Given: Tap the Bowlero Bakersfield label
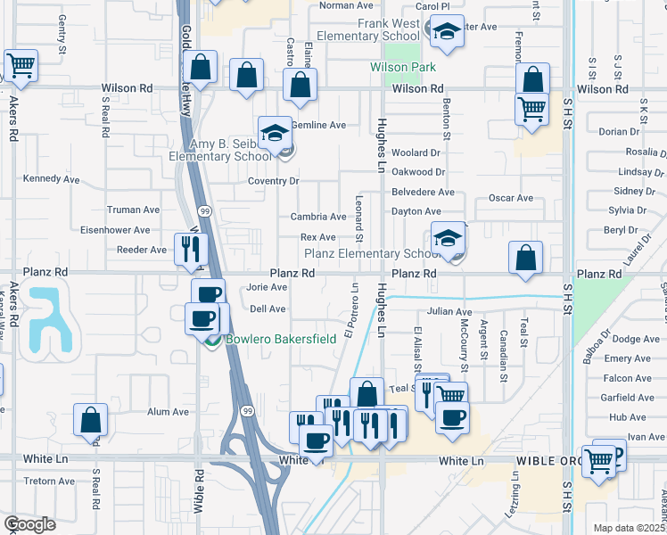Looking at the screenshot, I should (280, 340).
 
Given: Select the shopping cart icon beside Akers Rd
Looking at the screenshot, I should (21, 65).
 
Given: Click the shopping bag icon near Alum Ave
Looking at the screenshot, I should (90, 420).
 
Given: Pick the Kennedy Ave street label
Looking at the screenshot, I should (51, 179).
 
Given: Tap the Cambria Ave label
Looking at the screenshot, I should (318, 217).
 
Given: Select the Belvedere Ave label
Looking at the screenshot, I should (423, 193).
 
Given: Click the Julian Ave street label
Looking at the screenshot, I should (449, 312).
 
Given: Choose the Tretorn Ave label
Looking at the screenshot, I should (50, 481).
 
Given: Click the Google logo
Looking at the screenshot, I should (29, 524).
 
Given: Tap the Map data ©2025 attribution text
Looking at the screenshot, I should (630, 528).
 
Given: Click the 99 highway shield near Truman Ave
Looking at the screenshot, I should (205, 210).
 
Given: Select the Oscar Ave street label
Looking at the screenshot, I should (510, 198).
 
